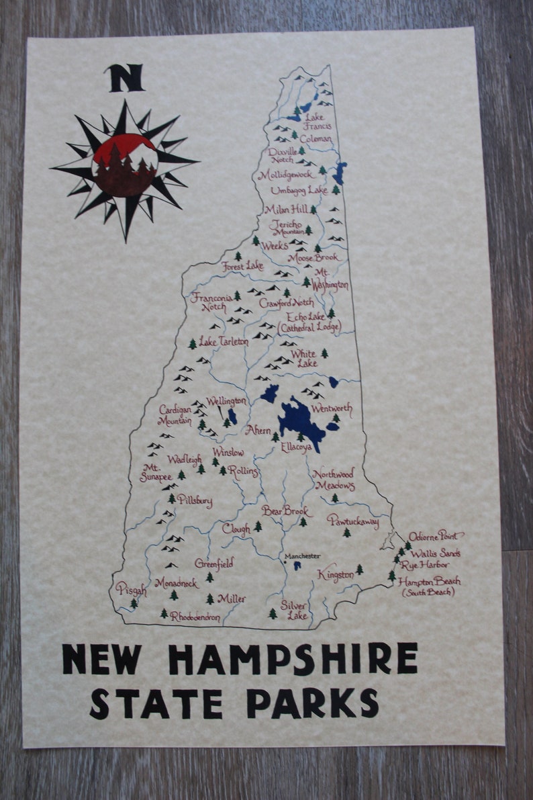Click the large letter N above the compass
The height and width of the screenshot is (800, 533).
point(125,78)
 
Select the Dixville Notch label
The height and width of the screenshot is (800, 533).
point(283,156)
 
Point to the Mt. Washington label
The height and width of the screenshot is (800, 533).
point(330,279)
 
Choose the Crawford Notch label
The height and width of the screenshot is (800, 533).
point(287,303)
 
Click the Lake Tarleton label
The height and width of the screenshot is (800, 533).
point(224,342)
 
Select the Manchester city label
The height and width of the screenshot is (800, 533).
point(301,556)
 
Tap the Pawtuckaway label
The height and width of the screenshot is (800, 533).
point(353,521)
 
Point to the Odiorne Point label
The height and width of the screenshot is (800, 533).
point(436,535)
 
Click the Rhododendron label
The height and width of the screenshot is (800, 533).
point(195,616)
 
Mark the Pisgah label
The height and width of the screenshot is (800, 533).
point(130,589)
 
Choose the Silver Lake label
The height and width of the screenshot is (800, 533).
point(294,610)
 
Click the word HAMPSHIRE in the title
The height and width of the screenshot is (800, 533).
point(292,660)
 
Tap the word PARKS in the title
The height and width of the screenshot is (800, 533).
point(312,703)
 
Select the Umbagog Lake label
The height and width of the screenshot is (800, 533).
point(299,191)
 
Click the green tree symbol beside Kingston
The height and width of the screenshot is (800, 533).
point(359,569)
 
